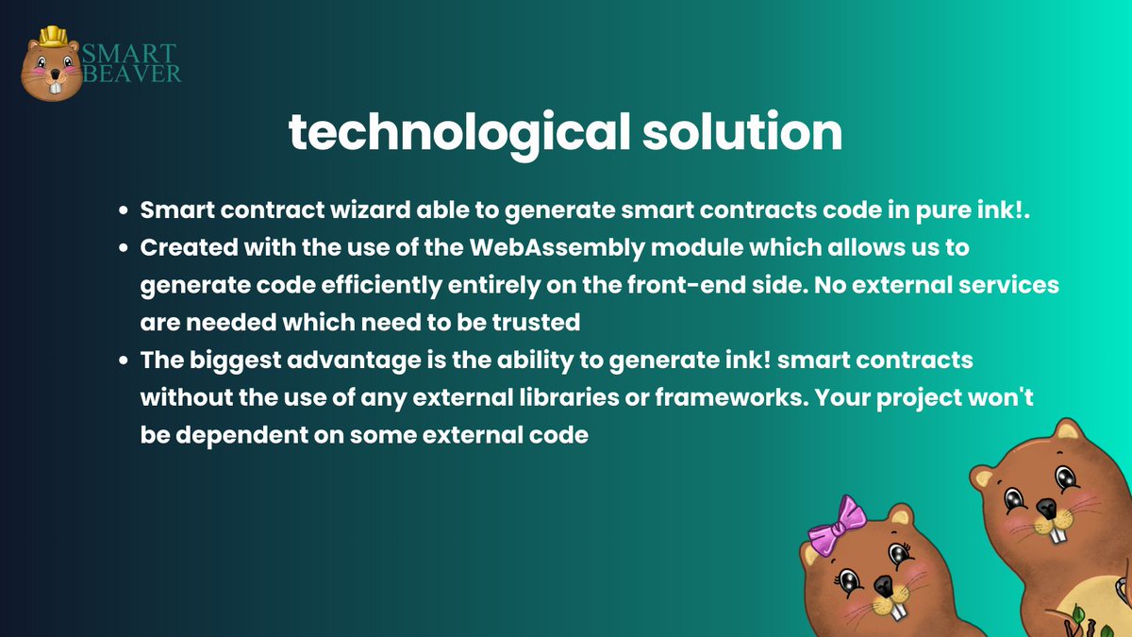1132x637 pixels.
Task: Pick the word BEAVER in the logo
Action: [x=132, y=73]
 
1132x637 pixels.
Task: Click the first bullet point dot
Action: [x=125, y=212]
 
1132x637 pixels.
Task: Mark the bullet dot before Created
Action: [x=125, y=249]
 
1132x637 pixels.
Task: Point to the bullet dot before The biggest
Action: [x=125, y=361]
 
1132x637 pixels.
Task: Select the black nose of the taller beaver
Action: [x=1046, y=509]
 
